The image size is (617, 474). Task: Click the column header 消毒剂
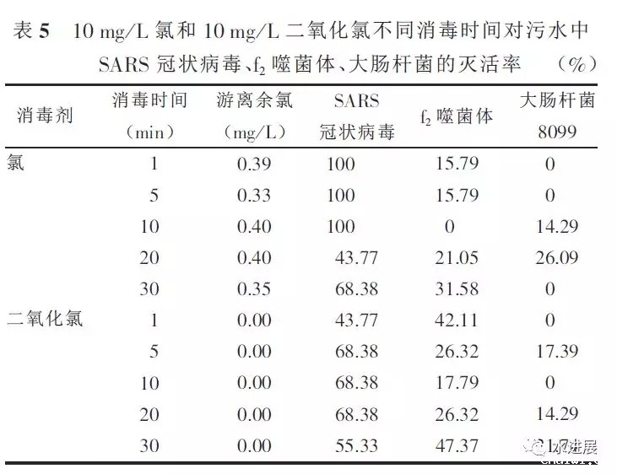46,116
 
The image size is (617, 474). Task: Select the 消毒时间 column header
150,100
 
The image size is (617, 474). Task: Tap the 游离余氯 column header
254,100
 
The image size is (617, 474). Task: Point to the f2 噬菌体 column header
456,115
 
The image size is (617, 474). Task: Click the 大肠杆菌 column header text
557,100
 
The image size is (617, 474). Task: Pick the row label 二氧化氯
46,319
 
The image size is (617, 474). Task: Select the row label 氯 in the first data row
16,164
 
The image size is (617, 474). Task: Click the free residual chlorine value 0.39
254,164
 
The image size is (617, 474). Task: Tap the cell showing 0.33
254,196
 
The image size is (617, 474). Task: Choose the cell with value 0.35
254,288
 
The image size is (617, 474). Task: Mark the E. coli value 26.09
557,257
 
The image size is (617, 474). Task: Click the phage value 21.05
457,257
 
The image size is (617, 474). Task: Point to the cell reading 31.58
457,288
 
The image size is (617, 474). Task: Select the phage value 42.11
457,320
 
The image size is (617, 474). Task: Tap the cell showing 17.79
457,382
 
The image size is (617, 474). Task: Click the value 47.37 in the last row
457,444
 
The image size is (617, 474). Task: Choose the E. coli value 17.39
557,351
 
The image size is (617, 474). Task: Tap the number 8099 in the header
557,132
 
